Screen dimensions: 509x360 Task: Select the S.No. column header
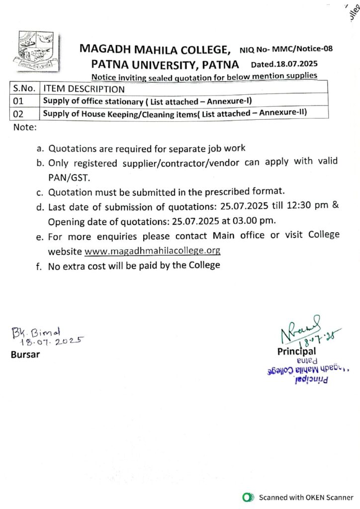coord(24,89)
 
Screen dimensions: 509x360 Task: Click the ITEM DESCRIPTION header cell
coord(85,89)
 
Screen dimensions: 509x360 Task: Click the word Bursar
coord(26,355)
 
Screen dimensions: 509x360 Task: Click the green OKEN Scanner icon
coord(246,497)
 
